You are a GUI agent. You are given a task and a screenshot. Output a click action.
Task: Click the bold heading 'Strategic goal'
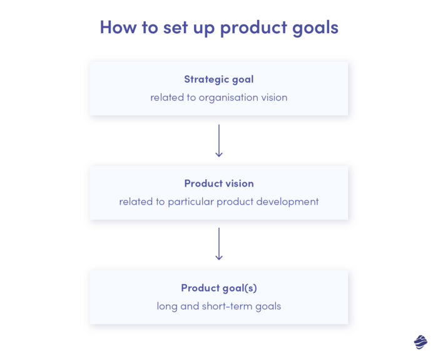pyautogui.click(x=218, y=80)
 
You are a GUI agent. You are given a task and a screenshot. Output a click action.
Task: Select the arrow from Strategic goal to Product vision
pyautogui.click(x=218, y=140)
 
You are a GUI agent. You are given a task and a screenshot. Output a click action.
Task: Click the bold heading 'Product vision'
pyautogui.click(x=218, y=183)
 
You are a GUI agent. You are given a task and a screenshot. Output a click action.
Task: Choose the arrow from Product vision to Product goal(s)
pyautogui.click(x=218, y=244)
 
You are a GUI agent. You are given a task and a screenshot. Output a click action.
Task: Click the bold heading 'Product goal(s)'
pyautogui.click(x=218, y=288)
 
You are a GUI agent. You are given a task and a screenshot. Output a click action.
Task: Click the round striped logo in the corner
pyautogui.click(x=420, y=342)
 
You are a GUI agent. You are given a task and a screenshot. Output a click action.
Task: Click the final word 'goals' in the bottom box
pyautogui.click(x=268, y=307)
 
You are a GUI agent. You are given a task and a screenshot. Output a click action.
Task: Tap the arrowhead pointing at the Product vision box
pyautogui.click(x=218, y=155)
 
